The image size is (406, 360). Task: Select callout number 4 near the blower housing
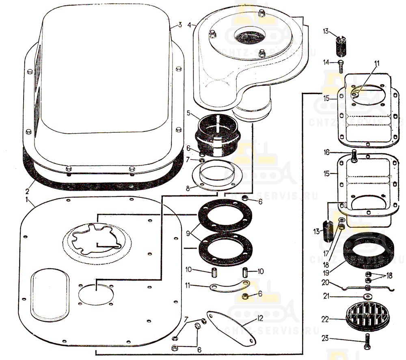click(190, 25)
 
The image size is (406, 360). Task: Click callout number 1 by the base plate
click(26, 200)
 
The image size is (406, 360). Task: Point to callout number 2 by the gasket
click(26, 191)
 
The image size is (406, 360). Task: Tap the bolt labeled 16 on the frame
click(354, 156)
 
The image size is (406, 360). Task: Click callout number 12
click(260, 318)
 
